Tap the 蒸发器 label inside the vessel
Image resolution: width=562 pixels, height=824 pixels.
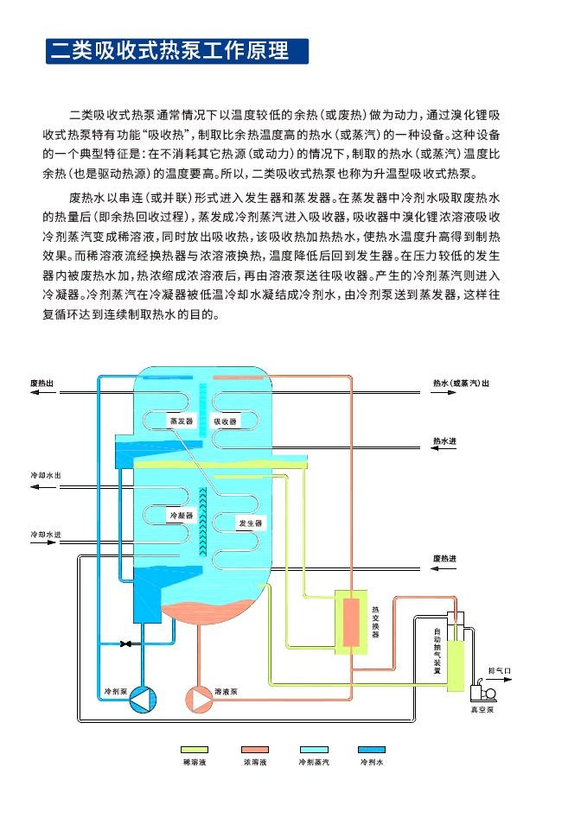pyautogui.click(x=181, y=421)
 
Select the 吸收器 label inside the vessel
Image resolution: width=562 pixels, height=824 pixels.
pyautogui.click(x=225, y=421)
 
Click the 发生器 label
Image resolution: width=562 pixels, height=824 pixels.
pyautogui.click(x=250, y=523)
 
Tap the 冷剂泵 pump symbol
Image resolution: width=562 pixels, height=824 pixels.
pyautogui.click(x=140, y=700)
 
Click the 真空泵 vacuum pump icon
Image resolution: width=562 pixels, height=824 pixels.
pyautogui.click(x=481, y=692)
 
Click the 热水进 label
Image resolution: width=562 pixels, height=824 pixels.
pyautogui.click(x=444, y=441)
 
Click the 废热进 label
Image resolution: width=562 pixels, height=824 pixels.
pyautogui.click(x=444, y=559)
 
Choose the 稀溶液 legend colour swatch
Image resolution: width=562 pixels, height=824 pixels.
pyautogui.click(x=195, y=750)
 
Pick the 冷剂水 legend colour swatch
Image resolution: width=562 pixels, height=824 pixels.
pyautogui.click(x=372, y=750)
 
